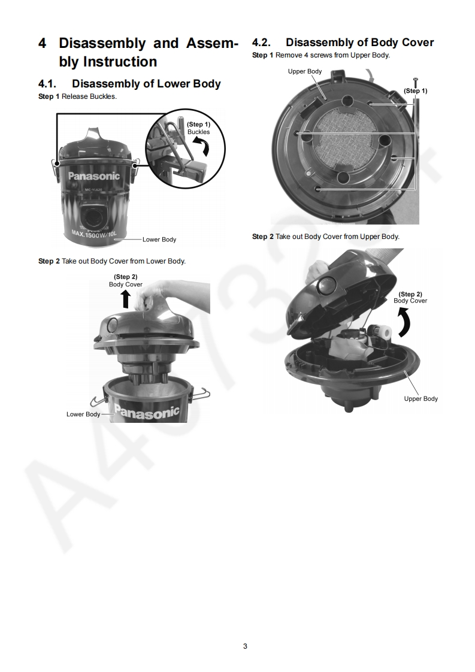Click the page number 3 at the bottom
click(x=245, y=646)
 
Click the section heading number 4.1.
click(x=47, y=84)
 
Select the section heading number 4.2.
click(x=261, y=43)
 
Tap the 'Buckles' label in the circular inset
click(x=198, y=132)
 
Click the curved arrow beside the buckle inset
click(x=203, y=149)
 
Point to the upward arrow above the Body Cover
click(x=126, y=299)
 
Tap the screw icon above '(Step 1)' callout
click(x=415, y=82)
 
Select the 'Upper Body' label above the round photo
click(x=305, y=71)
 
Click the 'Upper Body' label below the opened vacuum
click(x=420, y=398)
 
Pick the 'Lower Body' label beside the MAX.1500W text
click(x=159, y=240)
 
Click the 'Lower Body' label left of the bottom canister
click(x=83, y=414)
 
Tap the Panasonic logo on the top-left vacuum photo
click(x=94, y=175)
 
